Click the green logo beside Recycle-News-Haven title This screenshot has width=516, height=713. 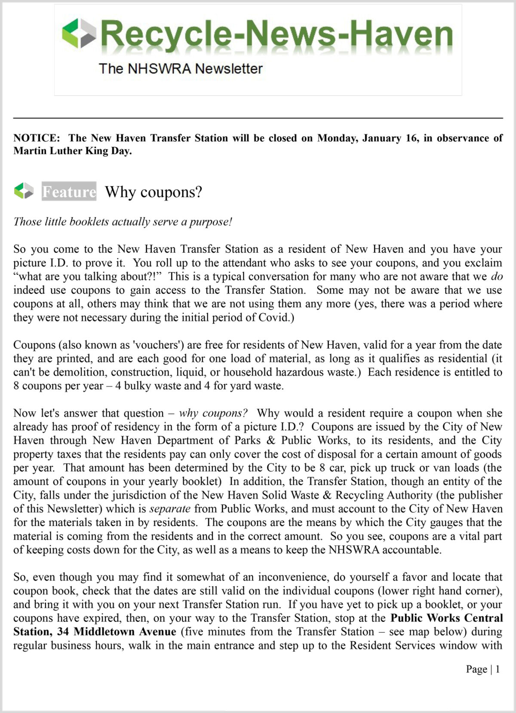click(79, 34)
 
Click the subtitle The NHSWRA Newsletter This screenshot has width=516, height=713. click(181, 69)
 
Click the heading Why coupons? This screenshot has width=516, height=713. click(154, 192)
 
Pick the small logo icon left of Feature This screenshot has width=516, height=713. click(24, 191)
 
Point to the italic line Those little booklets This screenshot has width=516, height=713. click(123, 222)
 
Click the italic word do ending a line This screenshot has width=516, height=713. click(497, 276)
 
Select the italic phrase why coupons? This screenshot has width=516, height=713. click(213, 413)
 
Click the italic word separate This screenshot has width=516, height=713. click(170, 509)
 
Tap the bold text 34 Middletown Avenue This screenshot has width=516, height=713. click(125, 632)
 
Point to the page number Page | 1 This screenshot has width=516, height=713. click(482, 669)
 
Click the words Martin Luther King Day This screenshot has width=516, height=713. click(72, 151)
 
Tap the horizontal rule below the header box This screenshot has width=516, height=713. click(258, 118)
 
